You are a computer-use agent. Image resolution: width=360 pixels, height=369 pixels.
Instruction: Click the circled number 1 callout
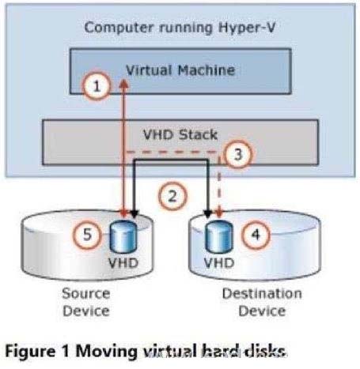click(x=97, y=86)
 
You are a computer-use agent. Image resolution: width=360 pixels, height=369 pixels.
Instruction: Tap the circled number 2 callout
click(x=172, y=196)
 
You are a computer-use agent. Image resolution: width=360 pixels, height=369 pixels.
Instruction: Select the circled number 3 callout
click(x=238, y=154)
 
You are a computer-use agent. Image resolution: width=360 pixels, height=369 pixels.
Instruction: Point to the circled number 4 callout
click(x=256, y=234)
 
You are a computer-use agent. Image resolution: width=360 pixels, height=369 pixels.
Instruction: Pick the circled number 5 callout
click(x=87, y=234)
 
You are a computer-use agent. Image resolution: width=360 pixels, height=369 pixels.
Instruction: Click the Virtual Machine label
click(x=180, y=70)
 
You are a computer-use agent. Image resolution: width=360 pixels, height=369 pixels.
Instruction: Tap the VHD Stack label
click(x=180, y=134)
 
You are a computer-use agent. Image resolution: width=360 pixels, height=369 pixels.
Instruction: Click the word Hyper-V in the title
click(x=247, y=28)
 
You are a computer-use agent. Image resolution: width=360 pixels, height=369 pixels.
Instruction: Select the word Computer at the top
click(x=119, y=28)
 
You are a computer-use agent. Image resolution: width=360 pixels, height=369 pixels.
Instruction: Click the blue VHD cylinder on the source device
click(x=123, y=236)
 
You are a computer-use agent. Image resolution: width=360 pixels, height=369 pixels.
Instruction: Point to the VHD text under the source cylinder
click(x=123, y=263)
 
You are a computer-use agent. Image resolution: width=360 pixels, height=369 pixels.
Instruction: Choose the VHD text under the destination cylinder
click(x=219, y=263)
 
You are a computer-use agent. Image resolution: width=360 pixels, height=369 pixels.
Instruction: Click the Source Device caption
click(x=86, y=302)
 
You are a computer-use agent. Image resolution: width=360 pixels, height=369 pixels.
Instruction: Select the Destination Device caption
click(x=262, y=302)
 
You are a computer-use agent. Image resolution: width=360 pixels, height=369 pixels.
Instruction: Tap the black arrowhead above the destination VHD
click(x=208, y=214)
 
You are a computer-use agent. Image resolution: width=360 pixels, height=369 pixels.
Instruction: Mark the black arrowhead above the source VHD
click(x=135, y=214)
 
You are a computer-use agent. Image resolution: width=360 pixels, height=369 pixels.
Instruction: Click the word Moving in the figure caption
click(x=106, y=352)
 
